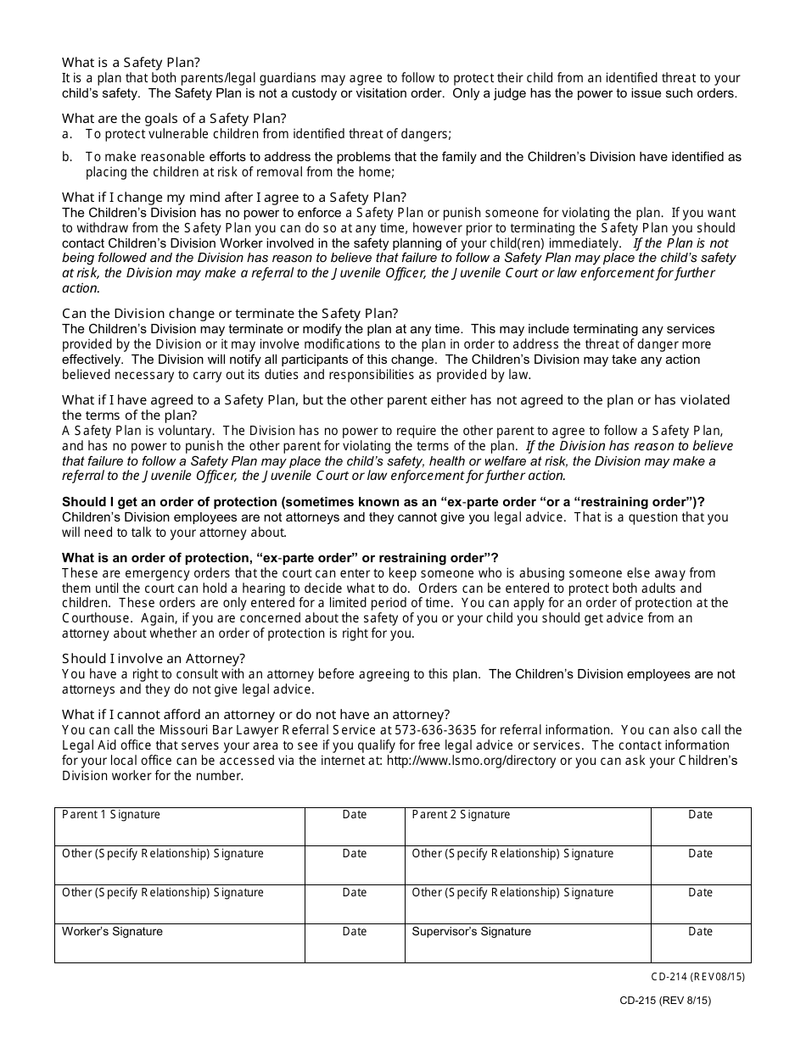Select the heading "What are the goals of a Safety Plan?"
[174, 118]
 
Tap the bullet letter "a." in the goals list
[67, 133]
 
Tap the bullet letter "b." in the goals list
[67, 157]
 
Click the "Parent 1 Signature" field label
[111, 815]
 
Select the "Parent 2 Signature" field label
[461, 815]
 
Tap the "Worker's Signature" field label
[112, 932]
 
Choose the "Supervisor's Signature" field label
[471, 932]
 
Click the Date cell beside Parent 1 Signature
[355, 826]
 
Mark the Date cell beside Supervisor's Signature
[700, 942]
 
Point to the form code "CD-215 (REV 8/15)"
[665, 1001]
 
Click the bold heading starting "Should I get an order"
[383, 502]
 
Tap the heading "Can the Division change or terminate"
[230, 314]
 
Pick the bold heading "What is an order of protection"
[280, 558]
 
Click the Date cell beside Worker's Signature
[355, 942]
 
